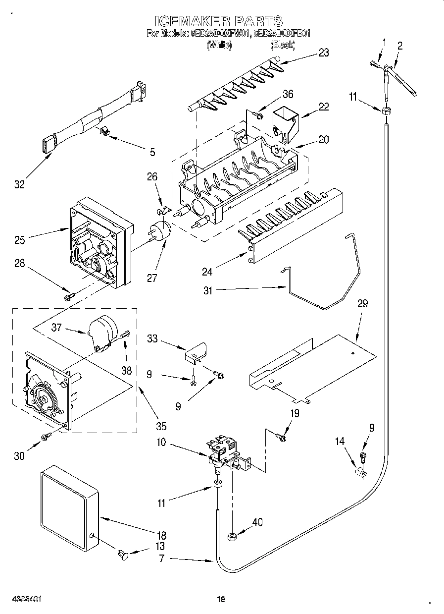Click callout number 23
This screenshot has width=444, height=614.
point(323,53)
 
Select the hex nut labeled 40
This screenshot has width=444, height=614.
point(232,536)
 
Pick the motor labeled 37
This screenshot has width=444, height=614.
point(103,331)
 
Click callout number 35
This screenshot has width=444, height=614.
point(161,426)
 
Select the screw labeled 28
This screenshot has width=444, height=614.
point(68,296)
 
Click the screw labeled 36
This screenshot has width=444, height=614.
point(256,115)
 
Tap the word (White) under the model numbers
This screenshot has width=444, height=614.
point(218,45)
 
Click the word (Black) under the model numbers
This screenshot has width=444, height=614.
point(283,45)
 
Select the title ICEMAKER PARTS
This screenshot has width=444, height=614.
point(218,21)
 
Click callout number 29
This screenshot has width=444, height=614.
point(362,304)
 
